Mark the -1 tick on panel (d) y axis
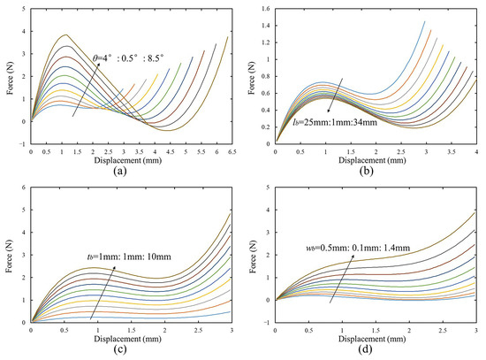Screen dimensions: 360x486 point(266,321)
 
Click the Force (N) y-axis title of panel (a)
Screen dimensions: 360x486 point(8,76)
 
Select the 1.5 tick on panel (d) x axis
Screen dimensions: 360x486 point(375,329)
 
